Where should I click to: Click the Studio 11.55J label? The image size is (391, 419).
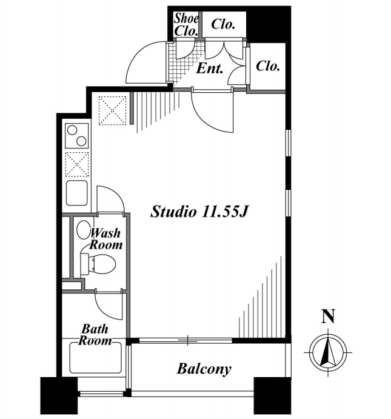(x=199, y=212)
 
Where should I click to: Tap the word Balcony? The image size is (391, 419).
(x=204, y=369)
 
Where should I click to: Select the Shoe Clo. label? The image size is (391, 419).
(x=186, y=25)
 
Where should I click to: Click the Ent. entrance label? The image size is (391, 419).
(x=210, y=69)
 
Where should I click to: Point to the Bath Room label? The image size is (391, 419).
(x=95, y=335)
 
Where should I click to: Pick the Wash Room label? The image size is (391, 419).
(x=105, y=239)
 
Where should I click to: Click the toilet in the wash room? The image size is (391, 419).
(x=98, y=264)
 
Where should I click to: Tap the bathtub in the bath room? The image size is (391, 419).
(x=95, y=358)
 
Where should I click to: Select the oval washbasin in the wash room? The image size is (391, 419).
(x=83, y=230)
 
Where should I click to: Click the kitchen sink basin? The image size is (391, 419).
(x=77, y=193)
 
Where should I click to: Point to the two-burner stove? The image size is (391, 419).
(x=77, y=136)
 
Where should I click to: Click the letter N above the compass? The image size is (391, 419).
(x=328, y=317)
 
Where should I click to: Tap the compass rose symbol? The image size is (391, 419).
(x=328, y=352)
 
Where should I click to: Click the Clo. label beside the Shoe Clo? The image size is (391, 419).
(x=223, y=24)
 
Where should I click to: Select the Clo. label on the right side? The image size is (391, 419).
(x=268, y=65)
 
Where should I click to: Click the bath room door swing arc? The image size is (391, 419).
(x=104, y=312)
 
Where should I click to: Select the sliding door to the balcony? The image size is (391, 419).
(x=186, y=340)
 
